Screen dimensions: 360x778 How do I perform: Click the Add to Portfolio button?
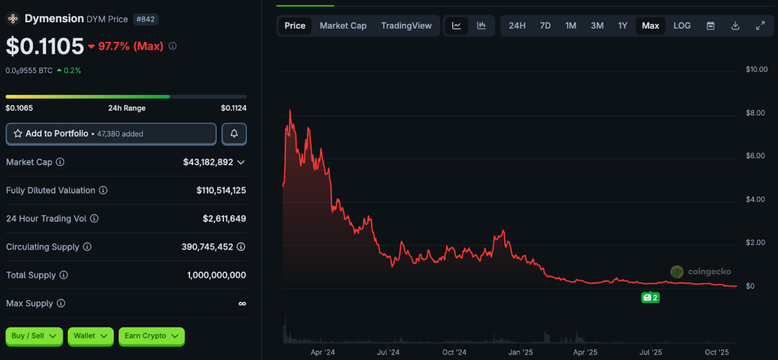point(111,134)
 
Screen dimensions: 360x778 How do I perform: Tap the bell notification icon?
point(234,134)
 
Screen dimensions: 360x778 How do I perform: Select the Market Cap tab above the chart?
point(343,26)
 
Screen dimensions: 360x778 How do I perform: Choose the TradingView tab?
point(406,26)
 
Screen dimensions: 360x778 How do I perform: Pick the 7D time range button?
point(545,26)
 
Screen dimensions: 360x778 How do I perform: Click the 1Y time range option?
point(622,26)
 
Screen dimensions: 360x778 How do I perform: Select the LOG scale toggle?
point(681,26)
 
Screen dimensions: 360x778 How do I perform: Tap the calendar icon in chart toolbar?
point(710,26)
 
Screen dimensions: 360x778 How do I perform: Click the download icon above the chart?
point(735,26)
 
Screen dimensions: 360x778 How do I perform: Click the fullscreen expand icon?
point(760,26)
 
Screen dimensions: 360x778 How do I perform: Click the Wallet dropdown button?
point(90,336)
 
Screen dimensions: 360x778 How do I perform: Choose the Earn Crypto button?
point(151,336)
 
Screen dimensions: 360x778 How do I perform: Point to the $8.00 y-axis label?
point(756,113)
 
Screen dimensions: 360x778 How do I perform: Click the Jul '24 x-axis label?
point(388,353)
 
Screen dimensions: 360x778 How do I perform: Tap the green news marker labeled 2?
point(650,297)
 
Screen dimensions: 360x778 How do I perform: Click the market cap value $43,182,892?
point(208,162)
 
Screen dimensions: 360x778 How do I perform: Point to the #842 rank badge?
point(146,19)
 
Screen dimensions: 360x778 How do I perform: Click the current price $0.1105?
point(45,46)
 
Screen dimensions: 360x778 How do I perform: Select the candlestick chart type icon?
point(481,26)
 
